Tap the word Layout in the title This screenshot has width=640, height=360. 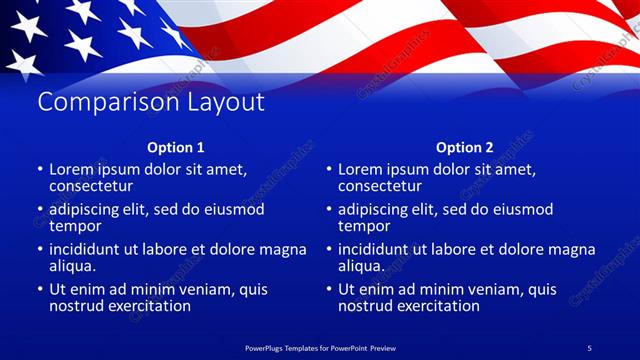(x=227, y=102)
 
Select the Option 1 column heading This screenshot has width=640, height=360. (x=176, y=147)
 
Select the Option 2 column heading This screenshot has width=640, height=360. (x=465, y=147)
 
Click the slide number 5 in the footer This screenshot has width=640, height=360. (x=590, y=346)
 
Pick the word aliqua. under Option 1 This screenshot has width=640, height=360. (x=73, y=266)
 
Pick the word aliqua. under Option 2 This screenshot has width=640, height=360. (x=362, y=266)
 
